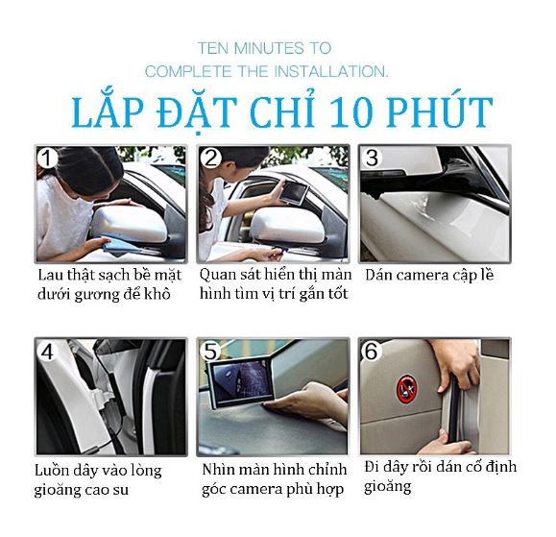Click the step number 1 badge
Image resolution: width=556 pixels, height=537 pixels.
pos(47,158)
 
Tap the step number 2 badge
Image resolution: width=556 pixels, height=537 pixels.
pos(210,158)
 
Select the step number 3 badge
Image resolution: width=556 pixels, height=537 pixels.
pos(372,158)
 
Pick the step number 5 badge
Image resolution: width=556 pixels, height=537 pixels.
pos(210,352)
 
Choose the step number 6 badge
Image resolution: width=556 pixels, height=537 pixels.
pos(371,352)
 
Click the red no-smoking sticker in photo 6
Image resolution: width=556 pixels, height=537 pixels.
pos(406,389)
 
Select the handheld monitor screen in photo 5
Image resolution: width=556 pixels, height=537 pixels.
pos(241,385)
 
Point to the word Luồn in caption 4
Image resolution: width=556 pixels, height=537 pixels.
pos(51,471)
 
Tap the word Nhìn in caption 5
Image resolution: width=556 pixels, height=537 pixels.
pos(216,470)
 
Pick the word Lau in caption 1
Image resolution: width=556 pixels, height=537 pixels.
pos(50,276)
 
